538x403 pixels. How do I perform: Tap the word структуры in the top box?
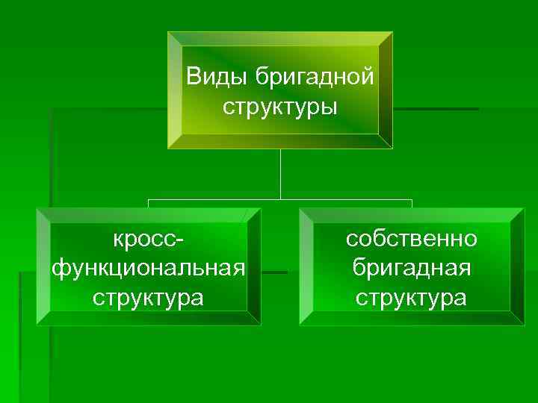click(x=280, y=107)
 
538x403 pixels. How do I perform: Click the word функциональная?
click(x=148, y=269)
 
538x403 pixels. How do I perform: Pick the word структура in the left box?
click(x=148, y=299)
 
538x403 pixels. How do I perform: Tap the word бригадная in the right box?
click(x=412, y=269)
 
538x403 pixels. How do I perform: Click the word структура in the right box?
click(x=412, y=299)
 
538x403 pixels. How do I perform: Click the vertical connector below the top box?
click(x=280, y=174)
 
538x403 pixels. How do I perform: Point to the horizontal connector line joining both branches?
click(x=280, y=200)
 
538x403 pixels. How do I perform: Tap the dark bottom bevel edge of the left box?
click(x=148, y=319)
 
